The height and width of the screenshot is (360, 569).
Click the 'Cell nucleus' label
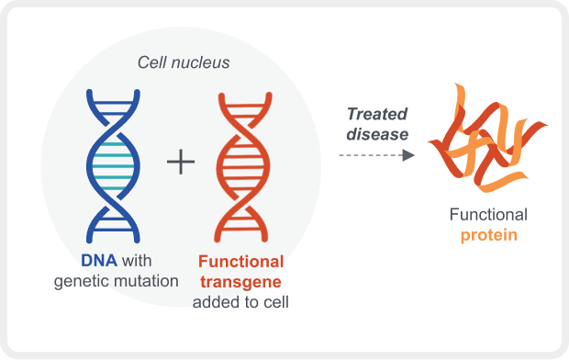coord(183,62)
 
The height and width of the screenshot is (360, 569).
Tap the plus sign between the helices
coord(182,163)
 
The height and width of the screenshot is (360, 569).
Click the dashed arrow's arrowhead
coord(409,155)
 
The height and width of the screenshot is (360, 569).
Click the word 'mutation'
coord(147,281)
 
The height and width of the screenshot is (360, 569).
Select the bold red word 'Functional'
coord(240,262)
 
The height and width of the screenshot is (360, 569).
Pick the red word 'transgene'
coord(240,282)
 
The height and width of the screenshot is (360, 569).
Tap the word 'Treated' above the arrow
coord(376,114)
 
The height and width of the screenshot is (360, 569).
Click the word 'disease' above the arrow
coord(376,134)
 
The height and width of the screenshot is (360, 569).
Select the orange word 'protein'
coord(488,235)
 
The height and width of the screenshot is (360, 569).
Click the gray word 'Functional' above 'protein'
coord(488,215)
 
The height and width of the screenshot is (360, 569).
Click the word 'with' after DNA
coord(136,262)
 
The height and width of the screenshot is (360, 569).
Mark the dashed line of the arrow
coord(367,155)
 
